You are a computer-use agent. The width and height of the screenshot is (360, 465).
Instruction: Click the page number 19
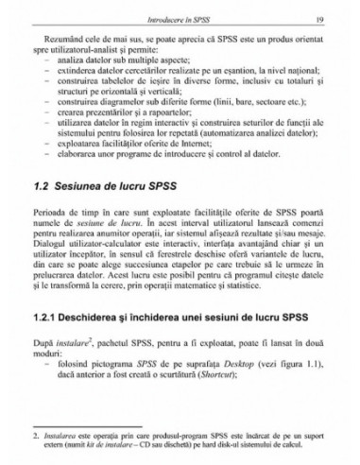point(322,19)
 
